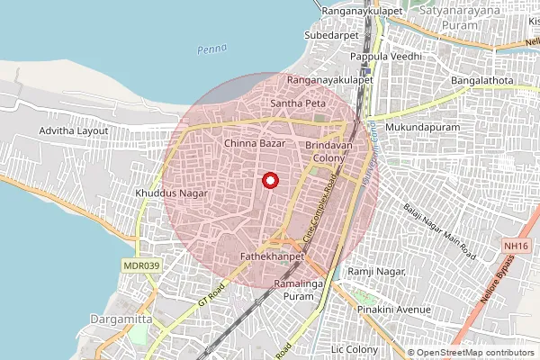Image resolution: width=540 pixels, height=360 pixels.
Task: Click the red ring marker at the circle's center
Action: click(x=269, y=180)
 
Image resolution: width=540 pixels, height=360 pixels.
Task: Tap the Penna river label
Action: click(x=212, y=49)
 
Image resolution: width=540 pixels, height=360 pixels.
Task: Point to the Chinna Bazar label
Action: click(x=254, y=143)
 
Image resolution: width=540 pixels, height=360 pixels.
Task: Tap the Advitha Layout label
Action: click(x=74, y=130)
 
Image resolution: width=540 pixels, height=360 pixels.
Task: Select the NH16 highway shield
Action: click(x=515, y=246)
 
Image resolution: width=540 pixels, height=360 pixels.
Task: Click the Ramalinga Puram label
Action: click(x=293, y=290)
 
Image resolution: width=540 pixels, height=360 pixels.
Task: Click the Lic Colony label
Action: click(x=356, y=347)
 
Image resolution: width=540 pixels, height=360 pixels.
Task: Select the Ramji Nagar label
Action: click(x=378, y=272)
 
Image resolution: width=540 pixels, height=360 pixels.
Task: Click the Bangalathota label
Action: click(x=481, y=81)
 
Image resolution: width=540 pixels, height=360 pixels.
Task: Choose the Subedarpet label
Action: click(x=332, y=35)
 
